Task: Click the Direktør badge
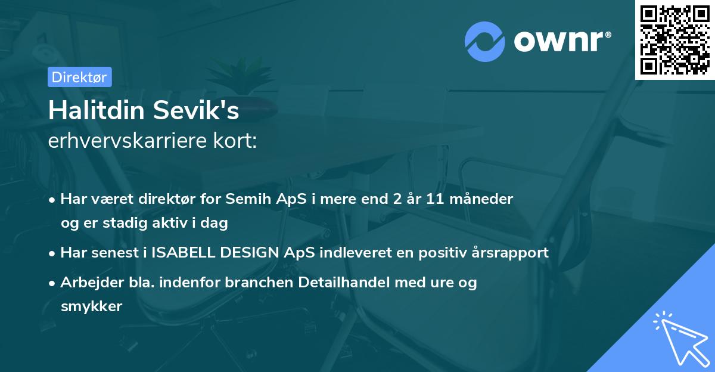point(79,77)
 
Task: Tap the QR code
point(675,39)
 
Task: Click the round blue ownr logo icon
point(485,41)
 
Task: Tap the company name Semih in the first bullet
point(294,199)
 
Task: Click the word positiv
point(449,252)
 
